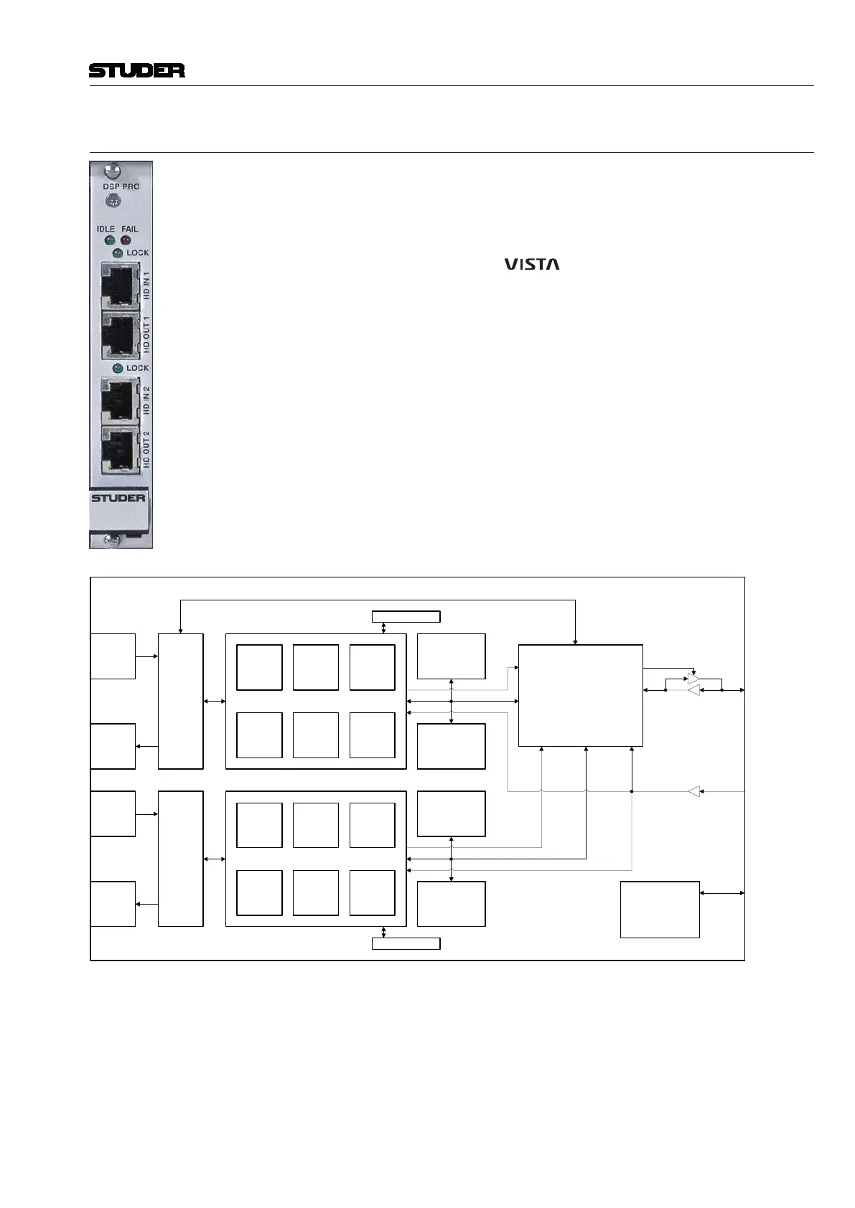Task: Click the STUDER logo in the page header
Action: coord(136,70)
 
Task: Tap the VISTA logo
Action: coord(531,264)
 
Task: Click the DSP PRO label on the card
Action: coord(121,187)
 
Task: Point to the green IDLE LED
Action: coord(110,240)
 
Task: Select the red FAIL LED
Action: coord(126,240)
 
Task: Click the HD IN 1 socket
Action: coord(119,286)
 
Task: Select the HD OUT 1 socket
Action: coord(119,334)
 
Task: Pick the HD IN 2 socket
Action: coord(119,400)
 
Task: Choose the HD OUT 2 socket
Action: coord(119,449)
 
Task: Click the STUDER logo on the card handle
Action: coord(118,498)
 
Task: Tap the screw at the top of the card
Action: coord(112,171)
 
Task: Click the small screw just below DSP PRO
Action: coord(112,202)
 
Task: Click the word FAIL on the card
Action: coord(129,229)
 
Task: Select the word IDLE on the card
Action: coord(106,229)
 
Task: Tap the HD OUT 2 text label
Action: coord(146,450)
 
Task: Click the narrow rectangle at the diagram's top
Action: coord(406,616)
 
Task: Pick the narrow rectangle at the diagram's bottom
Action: coord(406,943)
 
